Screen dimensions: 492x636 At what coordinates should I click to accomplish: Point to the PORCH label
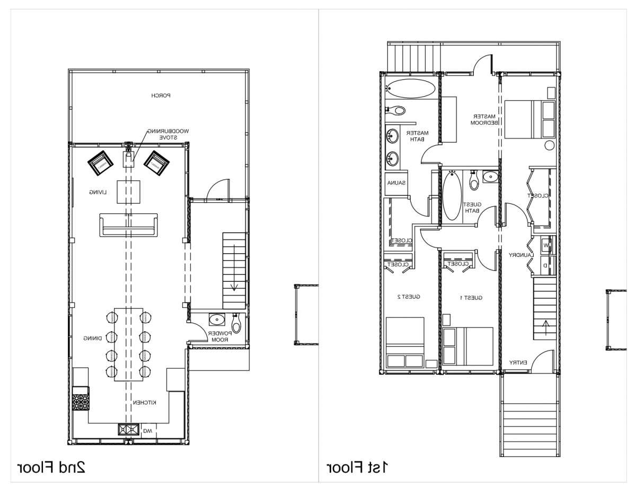pos(160,96)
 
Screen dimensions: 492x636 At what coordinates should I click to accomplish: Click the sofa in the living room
pos(128,225)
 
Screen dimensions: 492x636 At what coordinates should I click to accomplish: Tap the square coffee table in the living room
pos(128,192)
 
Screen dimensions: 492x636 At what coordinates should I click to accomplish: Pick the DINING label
pos(92,338)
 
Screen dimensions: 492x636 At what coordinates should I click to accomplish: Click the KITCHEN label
pos(144,403)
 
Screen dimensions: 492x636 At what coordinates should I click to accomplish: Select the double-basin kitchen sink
pos(128,430)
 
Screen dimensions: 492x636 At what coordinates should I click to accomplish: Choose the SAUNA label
pos(396,183)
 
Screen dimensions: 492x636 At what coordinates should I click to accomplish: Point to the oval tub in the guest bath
pos(452,196)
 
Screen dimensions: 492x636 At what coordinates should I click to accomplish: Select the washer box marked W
pos(545,246)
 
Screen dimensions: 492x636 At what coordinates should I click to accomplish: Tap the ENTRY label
pos(518,362)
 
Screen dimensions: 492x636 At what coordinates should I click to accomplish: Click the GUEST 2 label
pos(409,297)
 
